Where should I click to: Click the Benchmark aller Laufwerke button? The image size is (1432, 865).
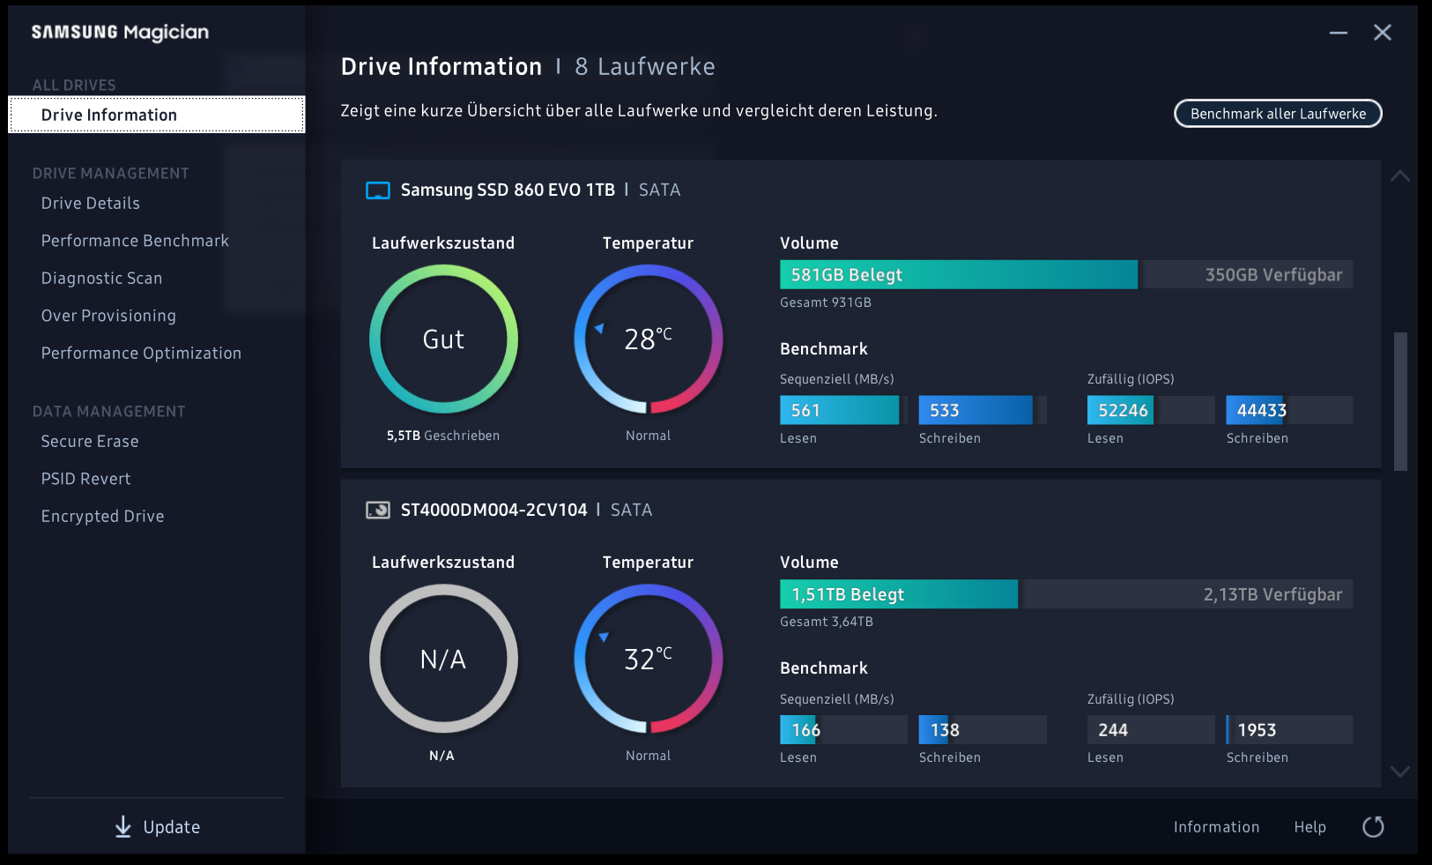coord(1278,114)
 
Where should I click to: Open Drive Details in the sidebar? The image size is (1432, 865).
coord(91,204)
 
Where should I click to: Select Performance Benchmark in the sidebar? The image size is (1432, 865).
coord(135,241)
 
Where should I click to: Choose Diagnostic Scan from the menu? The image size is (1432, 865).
coord(101,279)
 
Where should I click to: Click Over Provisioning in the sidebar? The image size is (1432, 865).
coord(108,316)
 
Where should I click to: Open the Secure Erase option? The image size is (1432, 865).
coord(90,442)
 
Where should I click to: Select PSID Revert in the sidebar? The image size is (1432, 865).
coord(85,479)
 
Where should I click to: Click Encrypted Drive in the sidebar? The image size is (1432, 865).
coord(102,517)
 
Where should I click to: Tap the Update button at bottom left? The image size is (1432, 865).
coord(158,827)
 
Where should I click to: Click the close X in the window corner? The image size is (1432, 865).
coord(1382,33)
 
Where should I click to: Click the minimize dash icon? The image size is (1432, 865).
coord(1338,33)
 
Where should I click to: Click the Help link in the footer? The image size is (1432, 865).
coord(1310,827)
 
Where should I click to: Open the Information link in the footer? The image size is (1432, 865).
coord(1216,827)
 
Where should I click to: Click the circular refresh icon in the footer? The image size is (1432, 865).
coord(1373,827)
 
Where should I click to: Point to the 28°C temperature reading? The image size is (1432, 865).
coord(648,339)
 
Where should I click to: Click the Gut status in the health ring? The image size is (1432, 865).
coord(443,339)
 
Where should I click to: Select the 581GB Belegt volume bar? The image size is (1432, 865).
coord(958,275)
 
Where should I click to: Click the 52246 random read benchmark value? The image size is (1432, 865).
coord(1123,410)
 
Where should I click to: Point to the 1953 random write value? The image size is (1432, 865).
coord(1257,730)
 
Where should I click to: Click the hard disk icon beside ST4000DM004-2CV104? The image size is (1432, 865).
coord(378,510)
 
